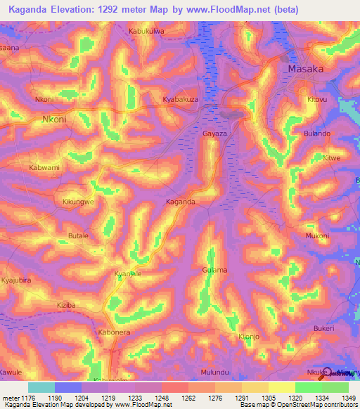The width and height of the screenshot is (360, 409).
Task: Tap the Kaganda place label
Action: (x=180, y=202)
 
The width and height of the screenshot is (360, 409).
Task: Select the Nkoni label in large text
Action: (x=54, y=119)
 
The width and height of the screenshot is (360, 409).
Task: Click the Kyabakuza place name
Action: (x=181, y=100)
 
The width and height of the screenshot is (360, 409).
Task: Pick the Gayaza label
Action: (x=215, y=133)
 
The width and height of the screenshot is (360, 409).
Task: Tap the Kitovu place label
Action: (x=318, y=100)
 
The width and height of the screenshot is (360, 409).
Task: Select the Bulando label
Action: (x=316, y=133)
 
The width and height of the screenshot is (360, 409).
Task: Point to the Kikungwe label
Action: (x=79, y=202)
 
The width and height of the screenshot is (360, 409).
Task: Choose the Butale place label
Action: (x=77, y=236)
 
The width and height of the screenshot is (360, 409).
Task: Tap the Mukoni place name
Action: (x=316, y=236)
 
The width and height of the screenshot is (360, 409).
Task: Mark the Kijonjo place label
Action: (x=250, y=337)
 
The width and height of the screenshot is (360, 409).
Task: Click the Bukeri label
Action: (x=323, y=328)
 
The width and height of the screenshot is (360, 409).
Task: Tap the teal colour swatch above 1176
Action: (x=41, y=387)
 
